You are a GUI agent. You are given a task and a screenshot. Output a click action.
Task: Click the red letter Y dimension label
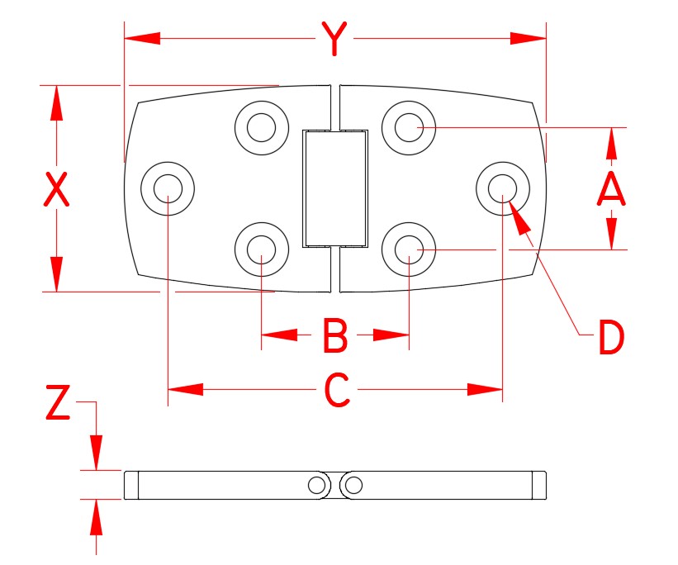tap(333, 40)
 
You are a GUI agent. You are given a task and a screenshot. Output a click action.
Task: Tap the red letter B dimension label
tap(335, 336)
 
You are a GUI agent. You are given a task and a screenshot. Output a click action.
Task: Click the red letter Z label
tap(56, 405)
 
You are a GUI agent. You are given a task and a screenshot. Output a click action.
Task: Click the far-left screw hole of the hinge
tap(168, 188)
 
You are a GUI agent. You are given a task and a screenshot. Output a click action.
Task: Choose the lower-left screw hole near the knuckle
tap(261, 248)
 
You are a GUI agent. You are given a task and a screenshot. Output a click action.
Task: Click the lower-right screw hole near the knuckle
tap(410, 248)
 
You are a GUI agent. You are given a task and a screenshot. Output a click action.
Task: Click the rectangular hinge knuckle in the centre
tap(334, 188)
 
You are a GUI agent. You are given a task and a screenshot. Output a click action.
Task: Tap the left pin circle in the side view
tap(317, 485)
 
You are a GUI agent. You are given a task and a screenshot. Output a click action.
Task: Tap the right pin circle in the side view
tap(353, 485)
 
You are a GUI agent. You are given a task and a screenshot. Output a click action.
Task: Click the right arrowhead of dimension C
tap(485, 389)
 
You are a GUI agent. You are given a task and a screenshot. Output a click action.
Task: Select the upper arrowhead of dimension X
tap(56, 102)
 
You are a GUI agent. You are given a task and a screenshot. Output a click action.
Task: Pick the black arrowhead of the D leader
tap(518, 217)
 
